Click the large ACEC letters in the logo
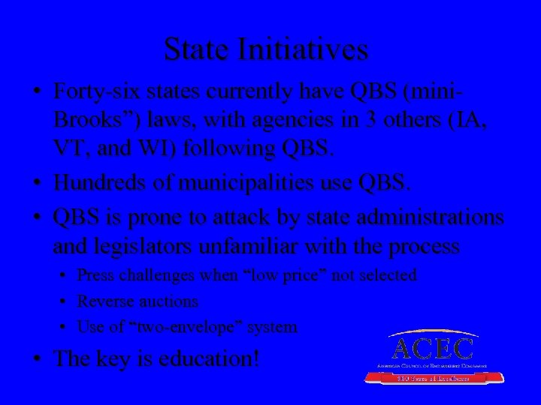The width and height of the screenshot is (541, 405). pos(434,348)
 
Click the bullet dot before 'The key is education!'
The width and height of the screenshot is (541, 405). pos(36,358)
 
